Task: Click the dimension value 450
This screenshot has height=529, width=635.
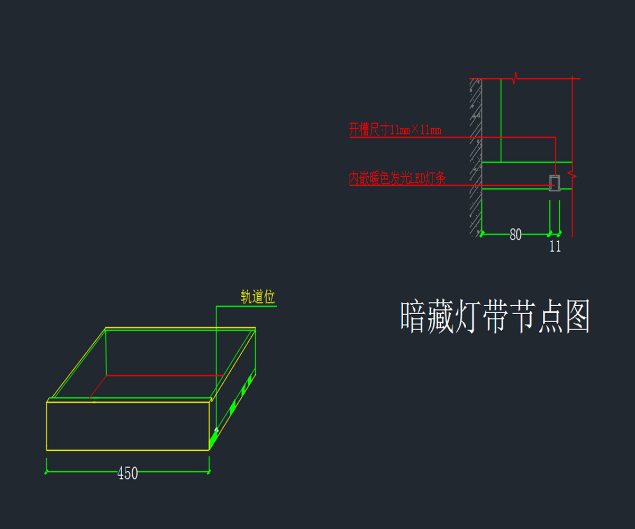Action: (128, 473)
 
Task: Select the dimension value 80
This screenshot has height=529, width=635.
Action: (515, 235)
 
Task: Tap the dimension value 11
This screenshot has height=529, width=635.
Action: (555, 246)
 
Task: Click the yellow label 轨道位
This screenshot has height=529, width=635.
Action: (258, 297)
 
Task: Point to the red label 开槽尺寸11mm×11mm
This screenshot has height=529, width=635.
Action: (395, 130)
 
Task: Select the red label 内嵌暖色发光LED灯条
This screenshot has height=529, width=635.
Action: (397, 178)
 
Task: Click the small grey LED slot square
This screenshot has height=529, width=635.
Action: (555, 183)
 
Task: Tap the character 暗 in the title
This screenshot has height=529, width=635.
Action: (414, 317)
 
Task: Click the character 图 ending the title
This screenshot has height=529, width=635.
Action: (577, 317)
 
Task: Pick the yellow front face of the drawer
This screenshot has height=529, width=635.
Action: (128, 426)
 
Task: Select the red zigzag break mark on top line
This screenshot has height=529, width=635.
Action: (515, 79)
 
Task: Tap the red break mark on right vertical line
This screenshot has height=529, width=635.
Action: (573, 174)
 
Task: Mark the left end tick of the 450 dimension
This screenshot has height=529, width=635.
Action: (47, 472)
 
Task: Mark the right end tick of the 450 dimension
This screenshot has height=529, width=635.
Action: (210, 472)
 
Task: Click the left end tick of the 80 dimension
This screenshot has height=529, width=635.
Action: (482, 233)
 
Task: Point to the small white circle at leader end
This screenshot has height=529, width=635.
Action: (216, 430)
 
